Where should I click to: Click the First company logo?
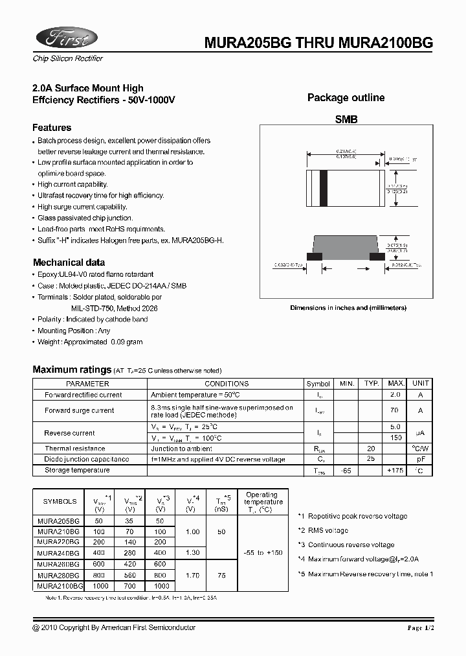pos(65,39)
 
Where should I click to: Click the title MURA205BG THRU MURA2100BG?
pos(318,42)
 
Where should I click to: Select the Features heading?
pos(52,128)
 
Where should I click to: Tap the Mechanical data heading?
pos(69,263)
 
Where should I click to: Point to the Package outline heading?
pos(346,98)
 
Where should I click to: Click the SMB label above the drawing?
pos(346,120)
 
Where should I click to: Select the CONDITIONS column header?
pos(227,384)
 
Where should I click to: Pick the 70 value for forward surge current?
pos(395,410)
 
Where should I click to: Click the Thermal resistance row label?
pos(74,449)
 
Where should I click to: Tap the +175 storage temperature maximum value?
pos(395,470)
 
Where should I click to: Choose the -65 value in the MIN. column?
pos(348,470)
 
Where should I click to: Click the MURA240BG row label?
pos(58,553)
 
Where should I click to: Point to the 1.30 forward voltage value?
pos(192,553)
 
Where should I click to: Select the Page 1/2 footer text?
pos(424,628)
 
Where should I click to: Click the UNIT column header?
pos(421,384)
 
